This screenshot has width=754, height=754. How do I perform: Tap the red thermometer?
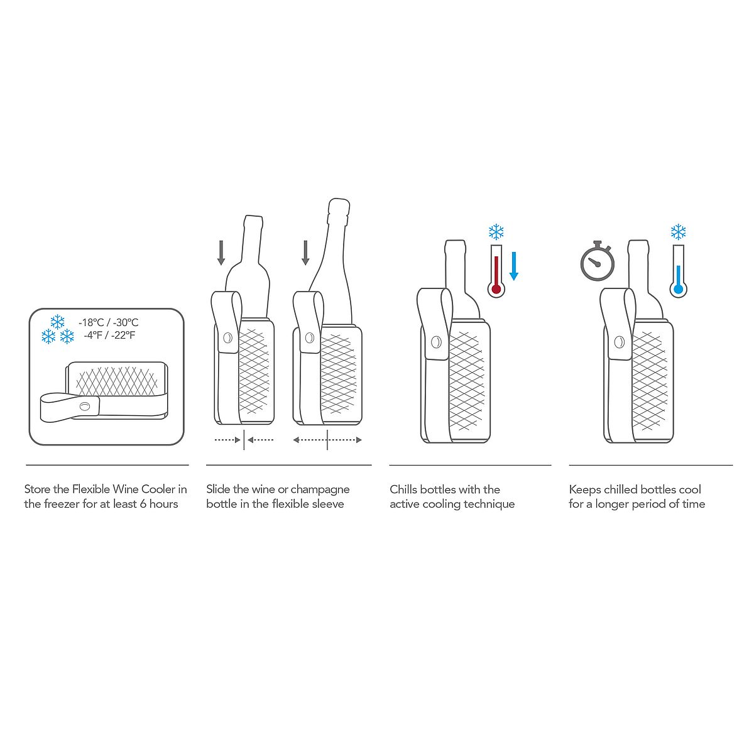tap(496, 271)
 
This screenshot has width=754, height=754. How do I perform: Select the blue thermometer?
tap(678, 271)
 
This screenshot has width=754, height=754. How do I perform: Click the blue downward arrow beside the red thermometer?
tap(514, 266)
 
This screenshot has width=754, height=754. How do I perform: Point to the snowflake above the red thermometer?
tap(496, 232)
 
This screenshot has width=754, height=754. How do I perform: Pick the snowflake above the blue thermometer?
tap(678, 232)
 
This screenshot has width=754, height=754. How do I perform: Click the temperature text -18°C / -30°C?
tap(108, 322)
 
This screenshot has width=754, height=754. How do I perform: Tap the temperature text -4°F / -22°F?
tap(109, 336)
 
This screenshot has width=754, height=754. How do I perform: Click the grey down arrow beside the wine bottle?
tap(221, 253)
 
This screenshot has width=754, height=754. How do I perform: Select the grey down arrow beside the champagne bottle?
tap(305, 253)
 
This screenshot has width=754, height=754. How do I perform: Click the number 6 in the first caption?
tap(143, 503)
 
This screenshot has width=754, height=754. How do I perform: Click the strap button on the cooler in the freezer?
tap(85, 406)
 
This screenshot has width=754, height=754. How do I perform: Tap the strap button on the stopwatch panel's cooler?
tap(619, 342)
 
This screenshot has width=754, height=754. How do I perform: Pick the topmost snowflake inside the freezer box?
tap(58, 322)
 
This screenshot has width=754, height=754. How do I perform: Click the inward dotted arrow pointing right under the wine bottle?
tap(227, 440)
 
